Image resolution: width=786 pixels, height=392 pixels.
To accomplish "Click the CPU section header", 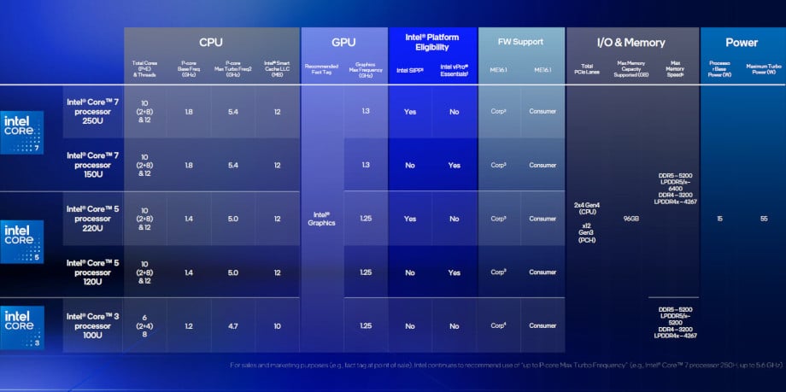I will pos(211,42).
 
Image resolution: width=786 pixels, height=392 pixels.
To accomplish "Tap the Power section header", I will pos(741,42).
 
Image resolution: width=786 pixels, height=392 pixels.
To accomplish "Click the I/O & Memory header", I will pos(631,42).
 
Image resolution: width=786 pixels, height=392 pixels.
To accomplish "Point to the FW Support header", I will pos(521,42).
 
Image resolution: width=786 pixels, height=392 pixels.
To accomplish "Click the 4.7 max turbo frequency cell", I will pos(232,325).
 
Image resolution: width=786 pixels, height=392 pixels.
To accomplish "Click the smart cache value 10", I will pos(277,325).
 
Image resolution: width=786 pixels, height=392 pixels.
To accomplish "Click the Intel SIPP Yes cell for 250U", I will pos(410,111).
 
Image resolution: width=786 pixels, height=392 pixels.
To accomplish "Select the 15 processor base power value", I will pos(720,219).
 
